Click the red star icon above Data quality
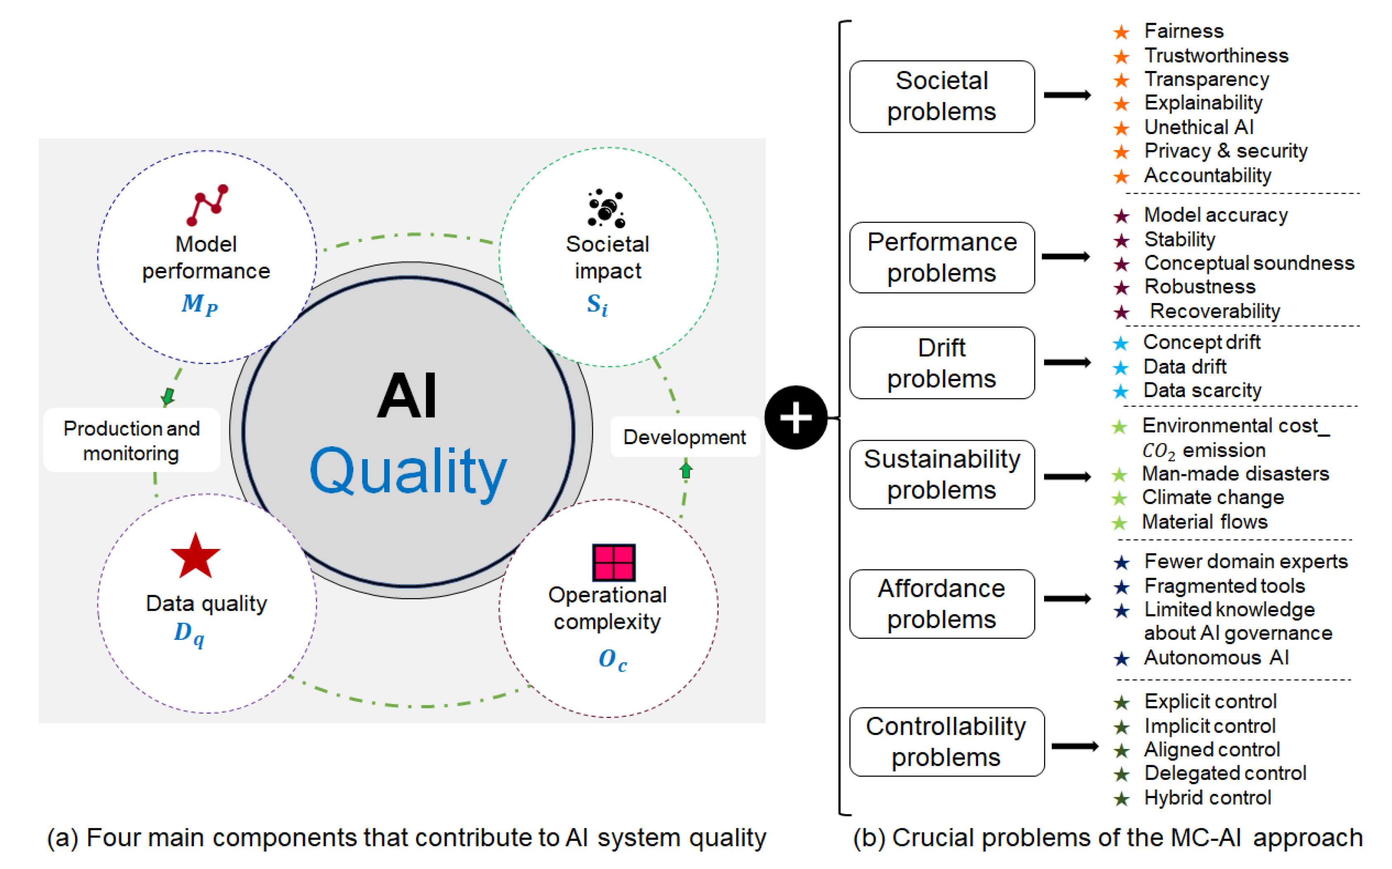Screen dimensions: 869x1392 [x=196, y=556]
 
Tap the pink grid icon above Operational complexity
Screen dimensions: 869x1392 [x=614, y=562]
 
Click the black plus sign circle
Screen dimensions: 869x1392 [x=796, y=417]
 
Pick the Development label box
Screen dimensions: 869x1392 [x=684, y=437]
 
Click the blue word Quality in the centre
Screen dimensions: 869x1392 [x=408, y=471]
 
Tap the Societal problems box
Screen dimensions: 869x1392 [x=941, y=97]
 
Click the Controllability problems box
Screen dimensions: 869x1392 [x=946, y=742]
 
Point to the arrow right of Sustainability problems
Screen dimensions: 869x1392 [x=1067, y=476]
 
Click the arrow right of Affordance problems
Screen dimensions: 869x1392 [x=1067, y=599]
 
